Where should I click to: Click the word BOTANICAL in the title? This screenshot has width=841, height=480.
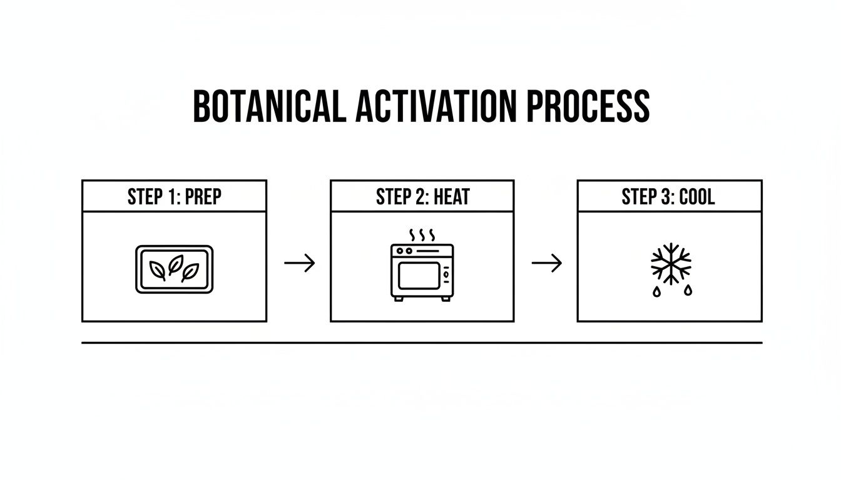pyautogui.click(x=269, y=106)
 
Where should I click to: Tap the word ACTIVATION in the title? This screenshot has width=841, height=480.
pyautogui.click(x=436, y=106)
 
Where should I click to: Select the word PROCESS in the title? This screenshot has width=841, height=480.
pyautogui.click(x=588, y=106)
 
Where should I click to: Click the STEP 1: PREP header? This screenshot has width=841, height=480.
pyautogui.click(x=174, y=196)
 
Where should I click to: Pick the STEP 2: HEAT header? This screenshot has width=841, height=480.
pyautogui.click(x=422, y=196)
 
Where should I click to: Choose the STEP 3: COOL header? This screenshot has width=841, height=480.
pyautogui.click(x=669, y=196)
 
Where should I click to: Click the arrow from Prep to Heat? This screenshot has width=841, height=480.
pyautogui.click(x=299, y=264)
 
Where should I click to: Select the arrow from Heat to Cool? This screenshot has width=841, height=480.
pyautogui.click(x=546, y=264)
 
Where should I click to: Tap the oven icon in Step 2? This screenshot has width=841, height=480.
pyautogui.click(x=422, y=272)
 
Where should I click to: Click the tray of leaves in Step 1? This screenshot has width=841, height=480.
pyautogui.click(x=174, y=269)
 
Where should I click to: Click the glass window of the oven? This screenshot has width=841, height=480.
pyautogui.click(x=419, y=276)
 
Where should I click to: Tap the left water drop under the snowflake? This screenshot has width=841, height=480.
pyautogui.click(x=656, y=291)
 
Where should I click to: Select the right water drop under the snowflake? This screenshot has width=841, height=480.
pyautogui.click(x=687, y=290)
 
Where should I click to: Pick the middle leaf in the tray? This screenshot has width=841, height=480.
pyautogui.click(x=175, y=264)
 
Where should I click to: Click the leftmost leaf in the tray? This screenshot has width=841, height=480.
pyautogui.click(x=158, y=270)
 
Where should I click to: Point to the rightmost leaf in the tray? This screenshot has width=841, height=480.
pyautogui.click(x=190, y=271)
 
